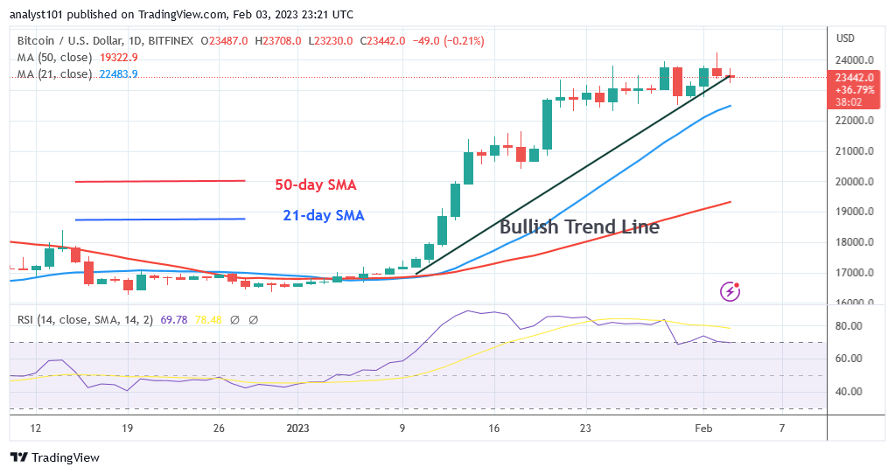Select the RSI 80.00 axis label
(850, 325)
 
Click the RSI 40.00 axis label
(850, 392)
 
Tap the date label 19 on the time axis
(127, 429)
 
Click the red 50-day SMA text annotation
(316, 185)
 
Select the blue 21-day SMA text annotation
(323, 215)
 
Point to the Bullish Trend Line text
(579, 227)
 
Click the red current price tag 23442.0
(853, 77)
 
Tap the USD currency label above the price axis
(846, 38)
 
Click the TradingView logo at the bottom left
(54, 457)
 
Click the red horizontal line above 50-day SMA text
(159, 181)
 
